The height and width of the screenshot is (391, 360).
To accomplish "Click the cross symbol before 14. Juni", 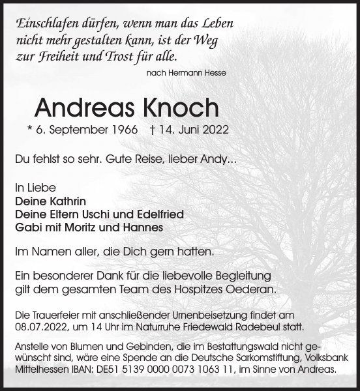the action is click(x=152, y=130).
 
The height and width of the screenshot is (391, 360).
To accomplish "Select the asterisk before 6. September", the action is click(x=30, y=129).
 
